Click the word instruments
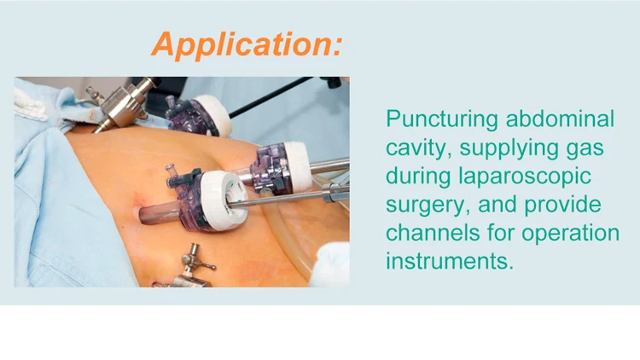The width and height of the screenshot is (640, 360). coord(450,260)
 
